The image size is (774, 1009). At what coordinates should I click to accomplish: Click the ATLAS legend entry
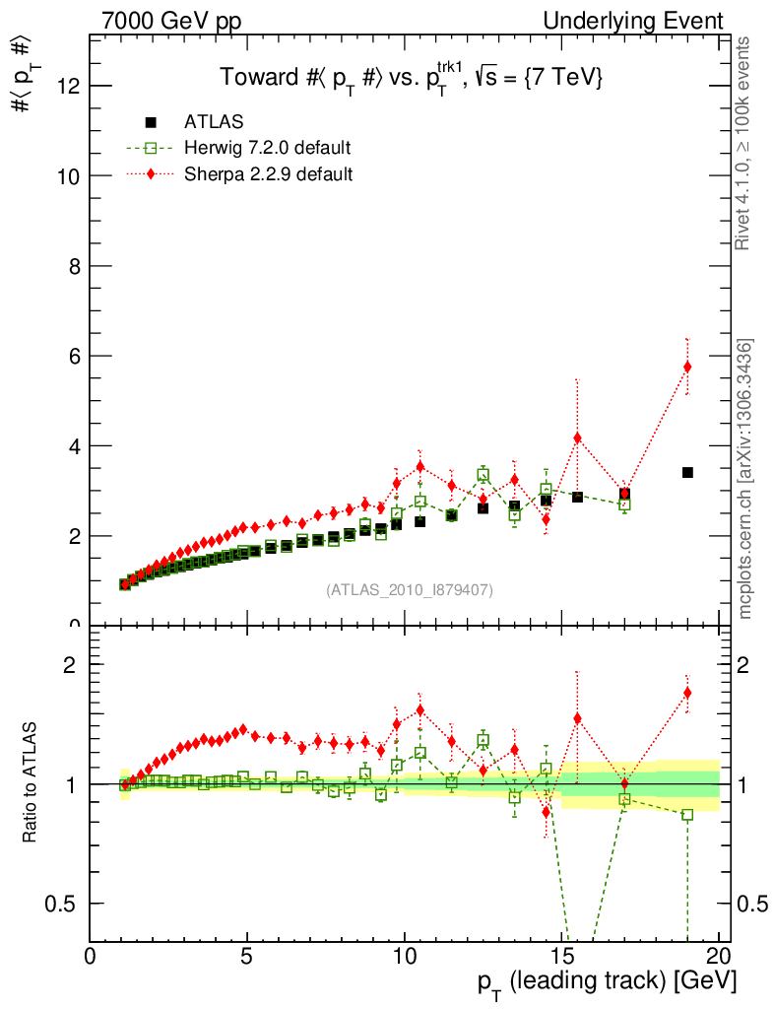click(x=214, y=122)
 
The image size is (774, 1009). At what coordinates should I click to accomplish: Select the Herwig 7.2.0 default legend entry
click(x=267, y=148)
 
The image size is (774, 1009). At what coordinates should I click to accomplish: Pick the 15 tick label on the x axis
click(x=561, y=958)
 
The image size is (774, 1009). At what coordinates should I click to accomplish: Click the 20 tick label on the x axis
click(x=719, y=958)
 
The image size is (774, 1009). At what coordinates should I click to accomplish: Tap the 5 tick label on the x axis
click(x=247, y=958)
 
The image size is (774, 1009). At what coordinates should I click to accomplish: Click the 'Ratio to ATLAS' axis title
click(x=31, y=783)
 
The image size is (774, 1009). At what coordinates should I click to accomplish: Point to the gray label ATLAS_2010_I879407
click(x=410, y=589)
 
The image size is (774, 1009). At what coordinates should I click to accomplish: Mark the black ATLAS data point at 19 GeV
click(x=687, y=473)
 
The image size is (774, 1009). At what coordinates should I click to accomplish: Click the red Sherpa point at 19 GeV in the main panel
click(x=687, y=367)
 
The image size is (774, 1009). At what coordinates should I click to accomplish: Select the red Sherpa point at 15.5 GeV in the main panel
click(x=577, y=437)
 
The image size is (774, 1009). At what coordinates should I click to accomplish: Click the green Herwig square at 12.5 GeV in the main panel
click(x=484, y=475)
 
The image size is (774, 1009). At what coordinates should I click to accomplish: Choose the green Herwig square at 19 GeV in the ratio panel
click(x=687, y=815)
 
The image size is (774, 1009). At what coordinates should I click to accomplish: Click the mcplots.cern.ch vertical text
click(x=746, y=478)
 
